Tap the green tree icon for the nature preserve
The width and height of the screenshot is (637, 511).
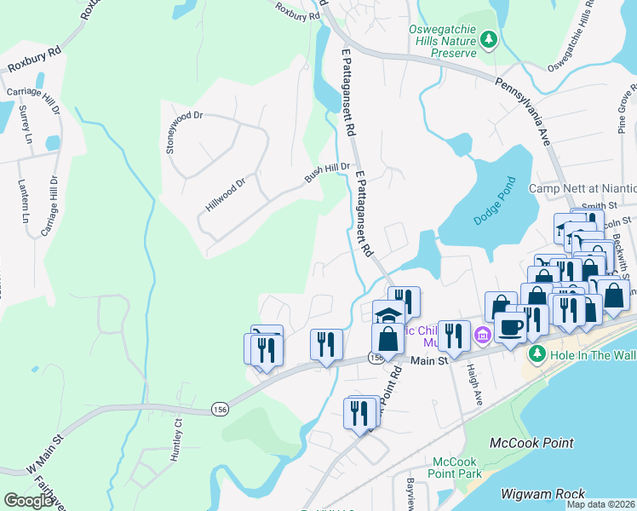click(488, 38)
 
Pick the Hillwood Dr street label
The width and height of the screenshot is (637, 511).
click(225, 194)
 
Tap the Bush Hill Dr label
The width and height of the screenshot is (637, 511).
click(328, 173)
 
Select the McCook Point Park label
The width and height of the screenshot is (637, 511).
click(452, 467)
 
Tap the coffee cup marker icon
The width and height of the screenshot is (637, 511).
click(511, 325)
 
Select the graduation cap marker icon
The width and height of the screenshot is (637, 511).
click(388, 313)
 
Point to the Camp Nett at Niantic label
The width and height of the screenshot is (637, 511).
click(582, 188)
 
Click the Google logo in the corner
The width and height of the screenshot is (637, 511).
click(29, 501)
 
